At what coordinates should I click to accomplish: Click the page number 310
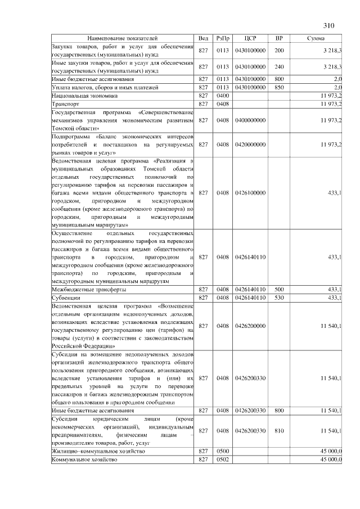pyautogui.click(x=329, y=25)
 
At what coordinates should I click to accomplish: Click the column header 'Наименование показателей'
pyautogui.click(x=123, y=38)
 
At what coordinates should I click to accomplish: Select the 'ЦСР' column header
pyautogui.click(x=251, y=38)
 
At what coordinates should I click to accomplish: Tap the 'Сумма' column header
pyautogui.click(x=316, y=38)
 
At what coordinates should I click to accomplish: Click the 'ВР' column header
pyautogui.click(x=279, y=38)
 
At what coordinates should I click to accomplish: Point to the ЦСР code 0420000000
pyautogui.click(x=251, y=145)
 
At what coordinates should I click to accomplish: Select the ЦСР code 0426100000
pyautogui.click(x=251, y=193)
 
